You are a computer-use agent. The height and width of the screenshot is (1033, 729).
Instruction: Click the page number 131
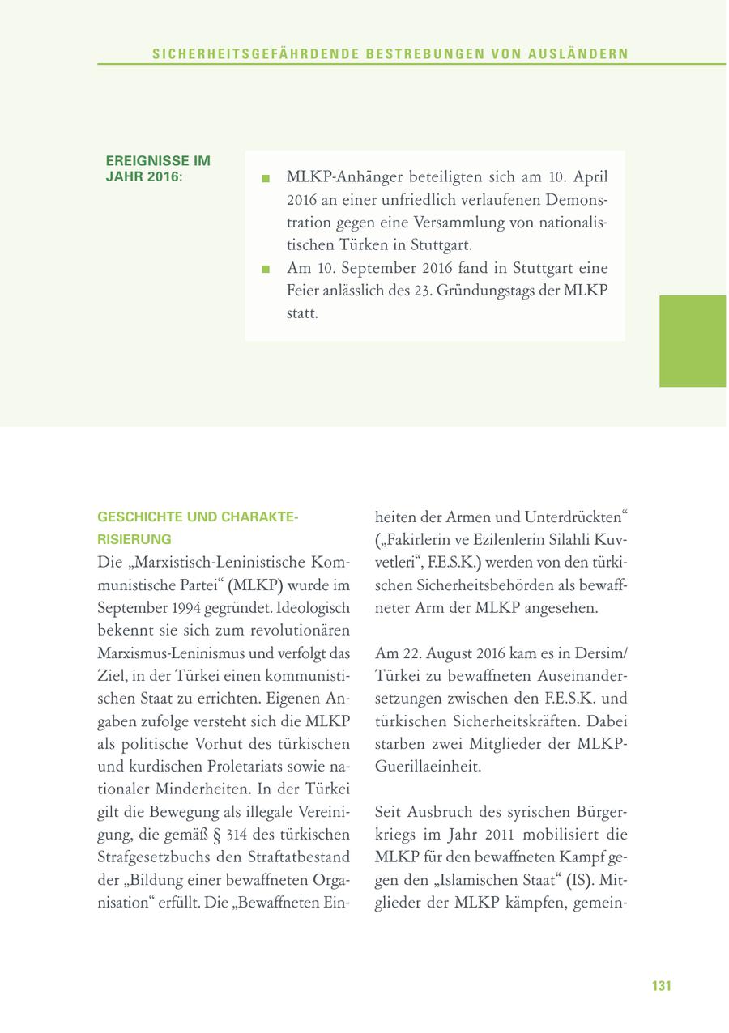(662, 986)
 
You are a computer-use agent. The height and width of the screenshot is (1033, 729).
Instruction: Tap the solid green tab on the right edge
(693, 341)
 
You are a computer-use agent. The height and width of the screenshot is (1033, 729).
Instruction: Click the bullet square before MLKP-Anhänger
(265, 178)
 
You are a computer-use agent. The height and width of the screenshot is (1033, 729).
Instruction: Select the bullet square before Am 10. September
(265, 270)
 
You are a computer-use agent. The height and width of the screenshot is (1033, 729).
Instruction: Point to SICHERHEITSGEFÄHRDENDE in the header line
(250, 54)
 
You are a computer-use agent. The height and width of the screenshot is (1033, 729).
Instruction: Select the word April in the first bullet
(586, 177)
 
